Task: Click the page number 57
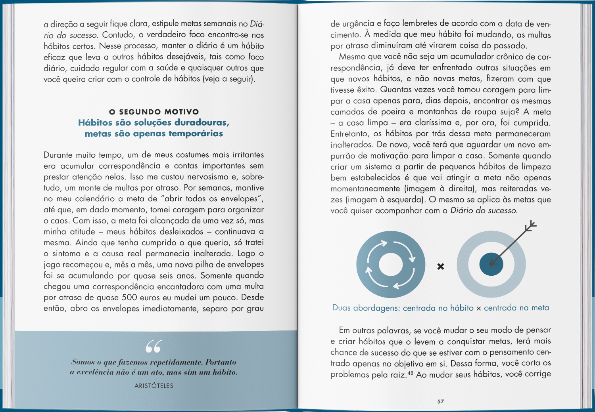441,401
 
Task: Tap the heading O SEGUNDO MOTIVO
154,112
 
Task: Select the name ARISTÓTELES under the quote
154,385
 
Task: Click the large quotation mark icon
154,346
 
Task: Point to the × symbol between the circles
441,267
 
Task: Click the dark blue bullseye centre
491,264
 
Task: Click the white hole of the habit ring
391,264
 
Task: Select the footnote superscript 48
410,373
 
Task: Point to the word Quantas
394,90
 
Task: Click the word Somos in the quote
83,362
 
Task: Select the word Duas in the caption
342,308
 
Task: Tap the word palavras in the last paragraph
393,330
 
